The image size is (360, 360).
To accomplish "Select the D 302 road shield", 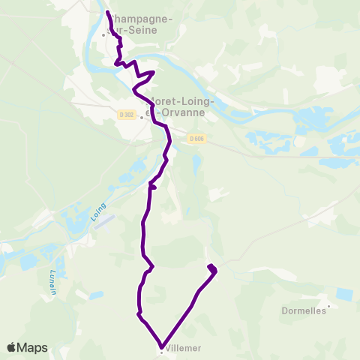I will pos(125,114).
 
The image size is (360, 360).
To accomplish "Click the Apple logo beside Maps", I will pos(12,347).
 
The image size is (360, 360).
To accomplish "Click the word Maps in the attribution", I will pos(33,347).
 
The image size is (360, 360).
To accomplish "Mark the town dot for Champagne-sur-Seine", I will pos(104,34).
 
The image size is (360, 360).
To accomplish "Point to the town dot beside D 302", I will pos(141,117).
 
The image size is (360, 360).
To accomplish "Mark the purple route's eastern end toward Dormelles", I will pos(210,266).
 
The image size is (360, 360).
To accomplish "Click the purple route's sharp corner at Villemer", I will pos(160,344).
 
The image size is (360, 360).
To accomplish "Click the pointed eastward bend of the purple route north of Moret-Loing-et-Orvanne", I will pos(154,72).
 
